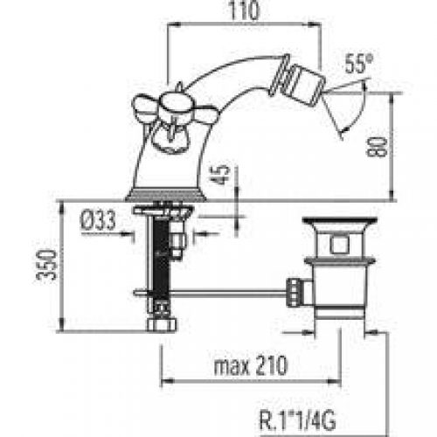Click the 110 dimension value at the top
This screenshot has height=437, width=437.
click(244, 10)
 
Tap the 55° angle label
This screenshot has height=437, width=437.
click(358, 64)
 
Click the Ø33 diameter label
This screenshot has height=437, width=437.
click(98, 220)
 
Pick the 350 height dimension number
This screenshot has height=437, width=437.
click(46, 265)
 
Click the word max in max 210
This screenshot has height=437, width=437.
click(232, 367)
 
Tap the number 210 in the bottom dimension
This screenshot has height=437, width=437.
click(272, 365)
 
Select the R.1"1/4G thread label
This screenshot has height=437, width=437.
click(297, 420)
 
